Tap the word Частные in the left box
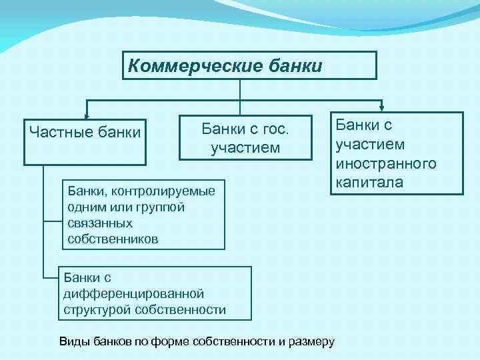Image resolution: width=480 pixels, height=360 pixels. [x=58, y=131]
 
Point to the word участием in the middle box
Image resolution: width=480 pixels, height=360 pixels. [x=245, y=147]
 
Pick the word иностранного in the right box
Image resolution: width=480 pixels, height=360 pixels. [x=386, y=163]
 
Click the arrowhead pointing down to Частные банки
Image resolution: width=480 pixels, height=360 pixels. [x=85, y=115]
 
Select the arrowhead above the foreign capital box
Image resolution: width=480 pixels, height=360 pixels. [x=382, y=106]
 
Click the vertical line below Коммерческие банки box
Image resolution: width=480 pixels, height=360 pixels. [x=240, y=89]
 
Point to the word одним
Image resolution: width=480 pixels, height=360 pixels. [x=85, y=207]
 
